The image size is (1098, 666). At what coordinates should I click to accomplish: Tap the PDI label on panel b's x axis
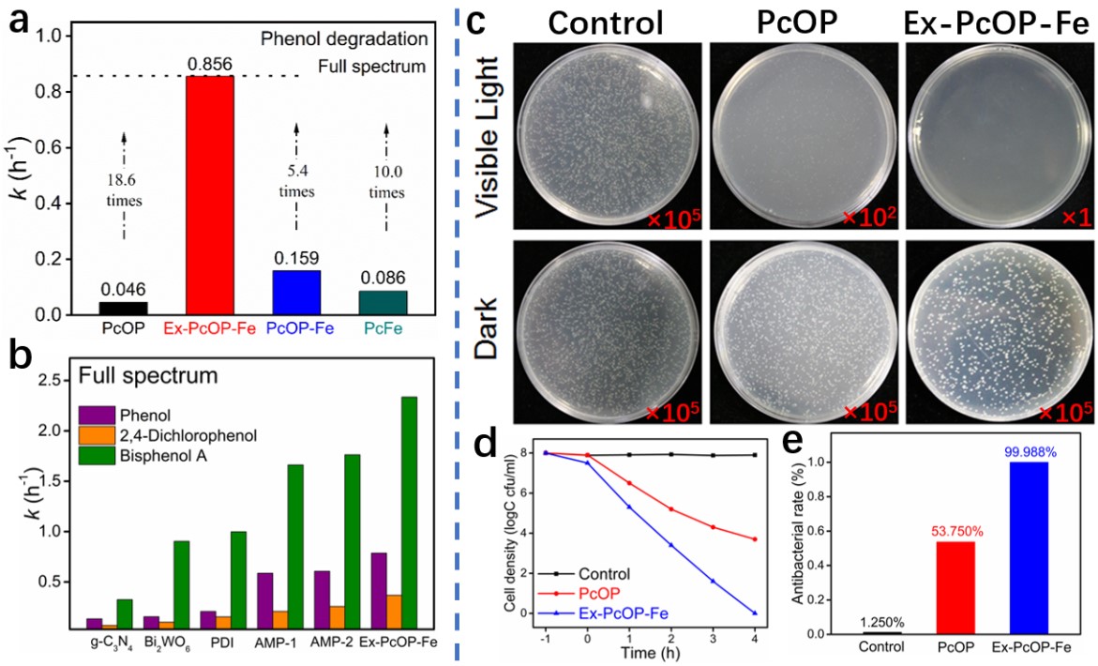point(207,644)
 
